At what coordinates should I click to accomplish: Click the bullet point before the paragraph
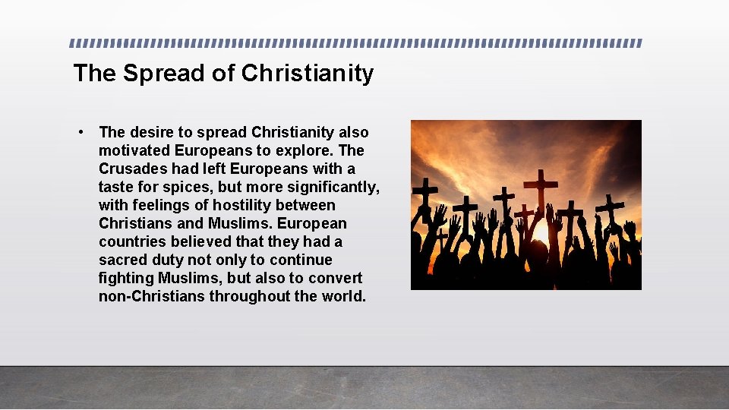pos(80,133)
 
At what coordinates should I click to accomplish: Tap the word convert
pos(336,278)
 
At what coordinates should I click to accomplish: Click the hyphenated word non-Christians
pos(152,296)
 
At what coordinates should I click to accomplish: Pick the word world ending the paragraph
pos(343,296)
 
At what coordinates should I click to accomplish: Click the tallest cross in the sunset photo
pos(541,190)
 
